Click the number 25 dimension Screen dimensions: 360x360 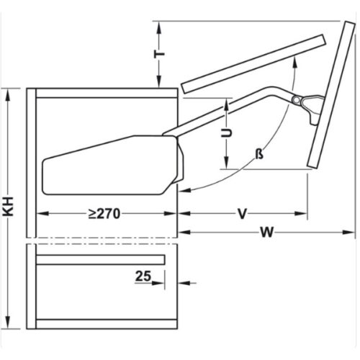pyautogui.click(x=144, y=274)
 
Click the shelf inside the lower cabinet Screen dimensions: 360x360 pyautogui.click(x=101, y=259)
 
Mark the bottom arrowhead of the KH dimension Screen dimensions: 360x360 pyautogui.click(x=9, y=322)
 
